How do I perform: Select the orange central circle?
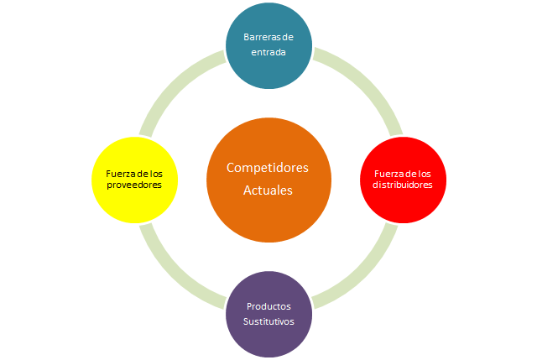(268, 179)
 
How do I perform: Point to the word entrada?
(268, 52)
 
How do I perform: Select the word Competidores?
(268, 168)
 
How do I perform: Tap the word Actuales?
(268, 190)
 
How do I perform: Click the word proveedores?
(134, 185)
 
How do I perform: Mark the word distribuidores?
(402, 185)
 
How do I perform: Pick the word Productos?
(268, 306)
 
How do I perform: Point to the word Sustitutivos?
(268, 321)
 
